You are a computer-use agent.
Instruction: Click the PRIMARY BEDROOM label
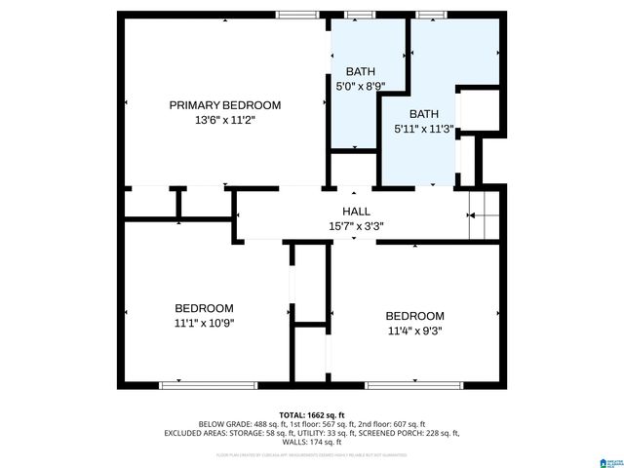tap(224, 105)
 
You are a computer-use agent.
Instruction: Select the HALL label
tap(355, 212)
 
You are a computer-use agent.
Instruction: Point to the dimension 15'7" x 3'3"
tap(355, 226)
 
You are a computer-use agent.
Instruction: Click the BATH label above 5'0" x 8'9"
tap(361, 71)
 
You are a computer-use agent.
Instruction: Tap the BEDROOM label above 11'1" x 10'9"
tap(204, 308)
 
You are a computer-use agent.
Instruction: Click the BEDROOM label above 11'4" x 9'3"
tap(414, 316)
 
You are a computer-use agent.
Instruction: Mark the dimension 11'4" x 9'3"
tap(414, 331)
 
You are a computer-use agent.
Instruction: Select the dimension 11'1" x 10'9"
tap(204, 323)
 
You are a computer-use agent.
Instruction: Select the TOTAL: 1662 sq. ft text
tap(312, 414)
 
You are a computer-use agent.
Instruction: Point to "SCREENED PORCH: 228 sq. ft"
tap(411, 433)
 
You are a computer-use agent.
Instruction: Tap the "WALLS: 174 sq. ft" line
tap(312, 442)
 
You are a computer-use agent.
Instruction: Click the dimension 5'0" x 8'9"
tap(361, 86)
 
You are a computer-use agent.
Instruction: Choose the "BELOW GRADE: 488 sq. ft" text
tap(237, 424)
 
